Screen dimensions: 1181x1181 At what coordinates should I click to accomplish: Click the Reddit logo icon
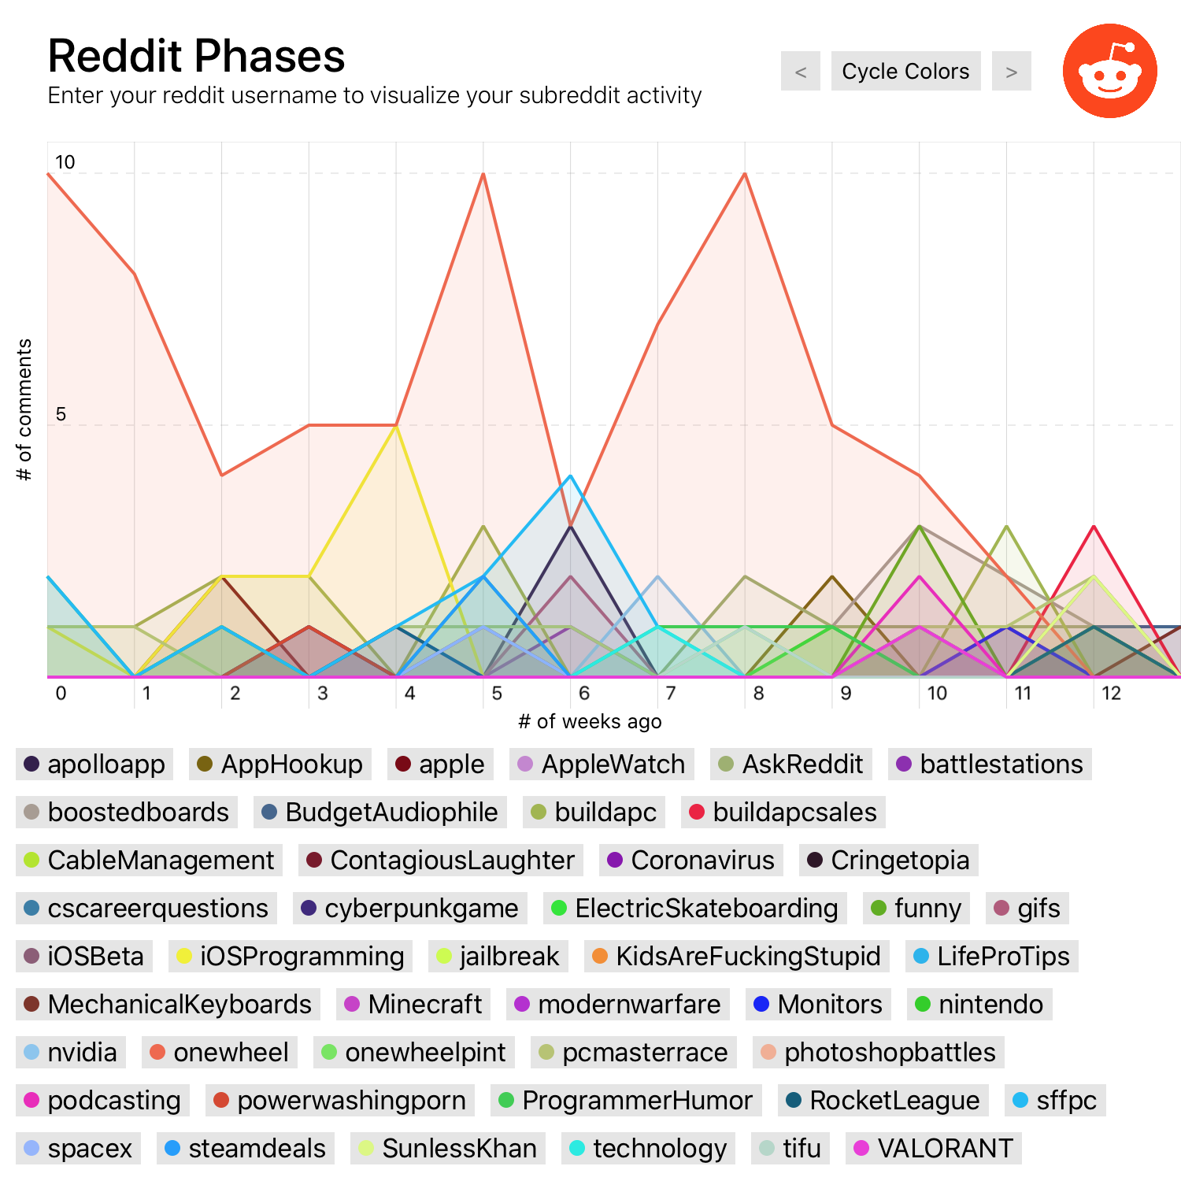[x=1109, y=71]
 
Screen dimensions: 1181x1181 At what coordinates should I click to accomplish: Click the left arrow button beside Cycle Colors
[x=800, y=72]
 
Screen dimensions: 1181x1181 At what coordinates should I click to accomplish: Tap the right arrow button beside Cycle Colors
[x=1011, y=72]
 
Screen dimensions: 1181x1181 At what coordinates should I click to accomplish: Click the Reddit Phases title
[x=196, y=56]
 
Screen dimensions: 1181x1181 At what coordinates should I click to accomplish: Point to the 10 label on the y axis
[x=65, y=162]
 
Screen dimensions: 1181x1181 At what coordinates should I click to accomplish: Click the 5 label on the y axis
[x=61, y=414]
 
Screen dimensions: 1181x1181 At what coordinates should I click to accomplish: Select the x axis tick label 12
[x=1111, y=693]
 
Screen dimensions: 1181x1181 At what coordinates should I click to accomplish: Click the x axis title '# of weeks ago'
[x=590, y=721]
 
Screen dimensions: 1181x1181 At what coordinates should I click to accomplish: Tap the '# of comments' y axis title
[x=24, y=409]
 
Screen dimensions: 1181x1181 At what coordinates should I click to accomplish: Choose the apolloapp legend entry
[x=94, y=765]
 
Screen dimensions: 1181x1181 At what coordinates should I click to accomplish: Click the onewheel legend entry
[x=220, y=1053]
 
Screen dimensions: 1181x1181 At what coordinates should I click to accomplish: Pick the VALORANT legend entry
[x=933, y=1149]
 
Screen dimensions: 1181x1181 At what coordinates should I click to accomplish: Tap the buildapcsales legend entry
[x=783, y=813]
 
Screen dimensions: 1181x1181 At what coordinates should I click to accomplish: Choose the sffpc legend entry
[x=1055, y=1101]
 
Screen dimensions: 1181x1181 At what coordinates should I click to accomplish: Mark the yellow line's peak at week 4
[x=396, y=426]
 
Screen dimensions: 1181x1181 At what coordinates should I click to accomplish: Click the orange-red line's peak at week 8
[x=745, y=174]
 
